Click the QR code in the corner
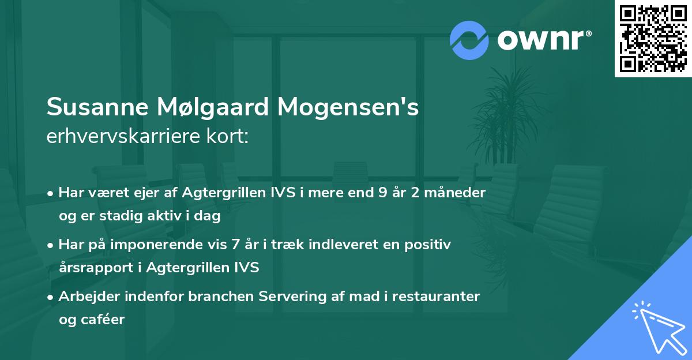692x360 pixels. pos(653,39)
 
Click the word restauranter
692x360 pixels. pos(440,296)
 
